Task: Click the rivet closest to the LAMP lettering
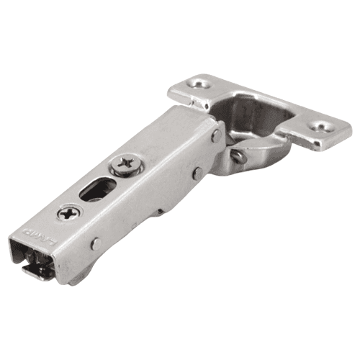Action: [x=95, y=243]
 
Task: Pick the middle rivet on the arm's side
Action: [x=196, y=172]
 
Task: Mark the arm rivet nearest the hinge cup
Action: [x=216, y=135]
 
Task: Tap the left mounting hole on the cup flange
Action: [x=199, y=85]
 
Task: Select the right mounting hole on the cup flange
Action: [x=321, y=127]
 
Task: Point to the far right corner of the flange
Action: [x=348, y=134]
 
